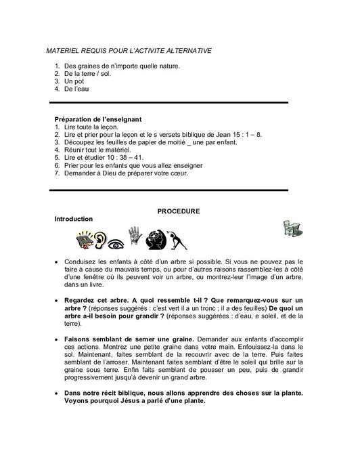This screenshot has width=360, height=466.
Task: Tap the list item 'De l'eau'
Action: [75, 89]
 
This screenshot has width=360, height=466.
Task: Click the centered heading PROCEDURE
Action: [179, 211]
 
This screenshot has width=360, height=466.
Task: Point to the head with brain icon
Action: [157, 238]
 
